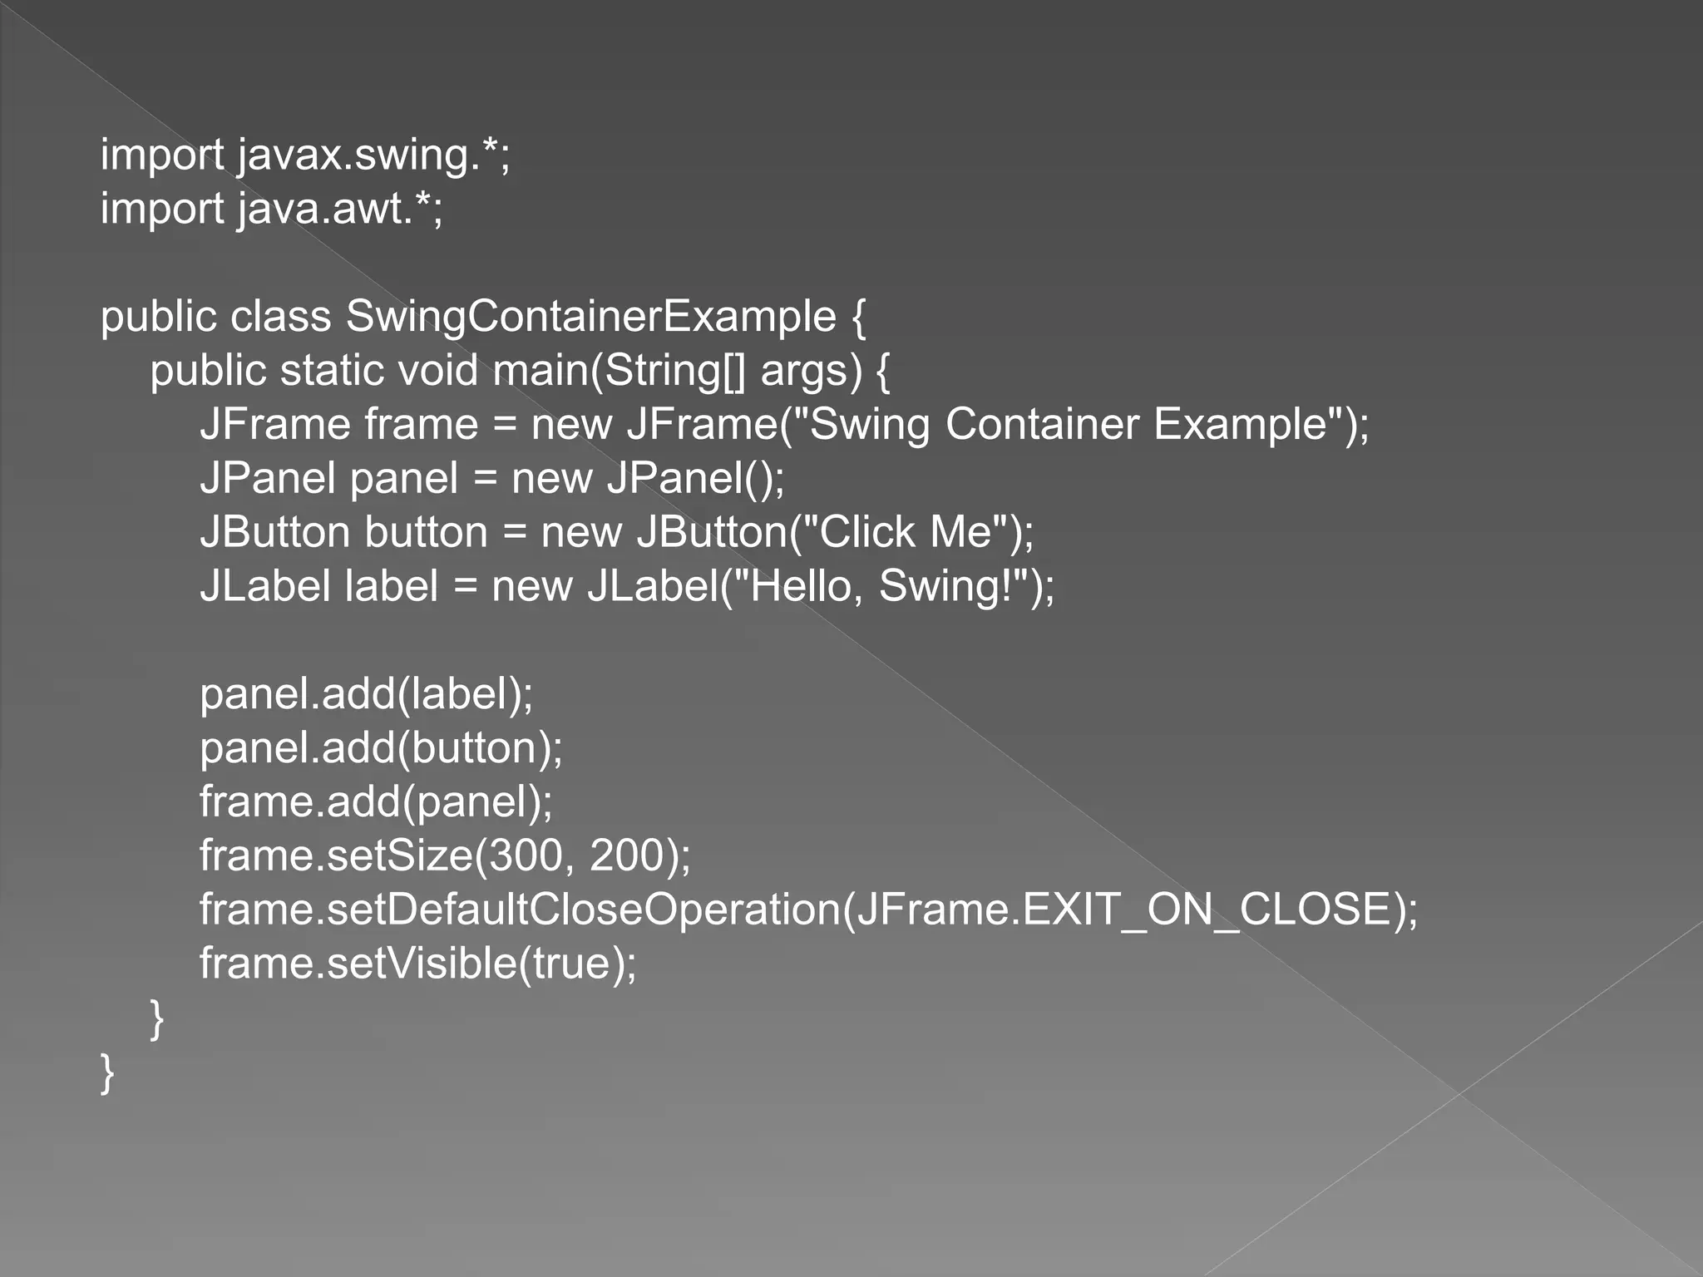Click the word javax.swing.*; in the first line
point(373,155)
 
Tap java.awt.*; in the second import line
point(340,209)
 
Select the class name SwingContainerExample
point(591,317)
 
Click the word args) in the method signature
point(811,371)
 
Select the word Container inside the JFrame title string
point(1042,424)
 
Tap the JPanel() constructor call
point(695,479)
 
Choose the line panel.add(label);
point(366,694)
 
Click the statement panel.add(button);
point(381,748)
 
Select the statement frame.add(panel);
point(376,802)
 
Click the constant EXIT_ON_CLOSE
point(1208,910)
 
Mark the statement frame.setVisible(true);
point(417,964)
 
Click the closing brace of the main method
point(156,1018)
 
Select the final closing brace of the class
point(106,1072)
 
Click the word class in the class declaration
point(280,317)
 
